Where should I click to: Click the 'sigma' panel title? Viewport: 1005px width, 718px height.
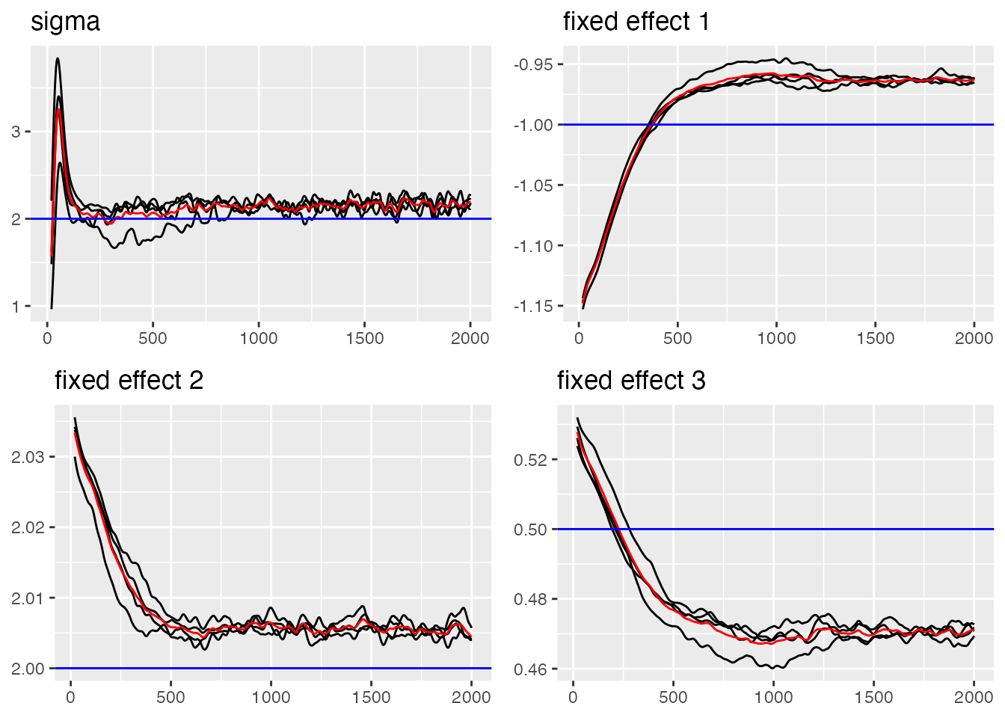(x=65, y=22)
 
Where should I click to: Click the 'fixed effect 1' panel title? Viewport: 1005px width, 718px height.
(x=636, y=22)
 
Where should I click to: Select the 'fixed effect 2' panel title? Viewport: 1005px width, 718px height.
(x=129, y=381)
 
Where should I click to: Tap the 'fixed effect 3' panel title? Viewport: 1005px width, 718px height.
(x=631, y=381)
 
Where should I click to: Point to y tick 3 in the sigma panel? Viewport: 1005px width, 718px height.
(x=16, y=132)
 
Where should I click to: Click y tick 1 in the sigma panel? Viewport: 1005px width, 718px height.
(x=16, y=307)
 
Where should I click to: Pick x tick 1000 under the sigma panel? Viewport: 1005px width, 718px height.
(x=259, y=338)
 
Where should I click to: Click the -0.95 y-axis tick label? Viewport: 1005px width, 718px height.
(x=533, y=64)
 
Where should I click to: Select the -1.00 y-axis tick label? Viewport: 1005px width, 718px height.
(x=533, y=125)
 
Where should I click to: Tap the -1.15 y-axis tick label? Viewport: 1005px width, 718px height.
(x=533, y=306)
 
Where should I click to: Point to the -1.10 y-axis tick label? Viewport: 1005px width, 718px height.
(x=533, y=246)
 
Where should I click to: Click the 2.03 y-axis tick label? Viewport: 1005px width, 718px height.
(x=28, y=457)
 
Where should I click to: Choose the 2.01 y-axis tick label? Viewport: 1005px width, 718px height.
(x=28, y=598)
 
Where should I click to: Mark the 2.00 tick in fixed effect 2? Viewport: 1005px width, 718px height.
(x=28, y=669)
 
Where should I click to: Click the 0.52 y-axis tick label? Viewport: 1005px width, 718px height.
(x=532, y=459)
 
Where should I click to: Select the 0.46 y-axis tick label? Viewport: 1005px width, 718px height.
(x=532, y=669)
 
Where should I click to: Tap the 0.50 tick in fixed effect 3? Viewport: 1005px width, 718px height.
(x=532, y=530)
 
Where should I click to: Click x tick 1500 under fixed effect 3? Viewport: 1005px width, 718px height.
(x=873, y=697)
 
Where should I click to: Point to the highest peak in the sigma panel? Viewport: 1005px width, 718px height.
(x=58, y=58)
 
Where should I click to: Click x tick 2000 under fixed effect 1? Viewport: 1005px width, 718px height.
(x=974, y=338)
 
